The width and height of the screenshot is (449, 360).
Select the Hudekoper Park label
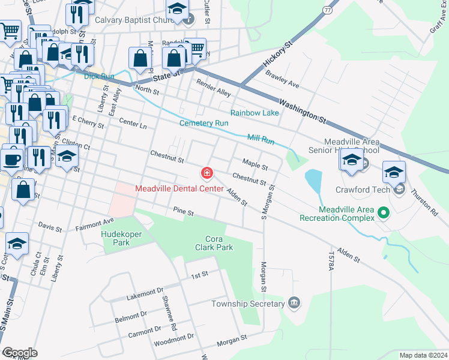pyautogui.click(x=116, y=238)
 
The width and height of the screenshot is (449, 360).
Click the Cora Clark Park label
pyautogui.click(x=214, y=242)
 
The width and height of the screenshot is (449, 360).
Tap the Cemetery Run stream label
pyautogui.click(x=204, y=123)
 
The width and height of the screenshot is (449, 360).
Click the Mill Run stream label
pyautogui.click(x=261, y=139)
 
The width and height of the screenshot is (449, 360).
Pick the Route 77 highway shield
pyautogui.click(x=327, y=10)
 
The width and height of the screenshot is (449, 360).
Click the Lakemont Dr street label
pyautogui.click(x=145, y=293)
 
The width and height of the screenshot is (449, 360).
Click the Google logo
pyautogui.click(x=20, y=353)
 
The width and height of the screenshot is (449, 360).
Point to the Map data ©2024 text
pyautogui.click(x=423, y=355)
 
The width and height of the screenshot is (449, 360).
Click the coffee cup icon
pyautogui.click(x=12, y=159)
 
